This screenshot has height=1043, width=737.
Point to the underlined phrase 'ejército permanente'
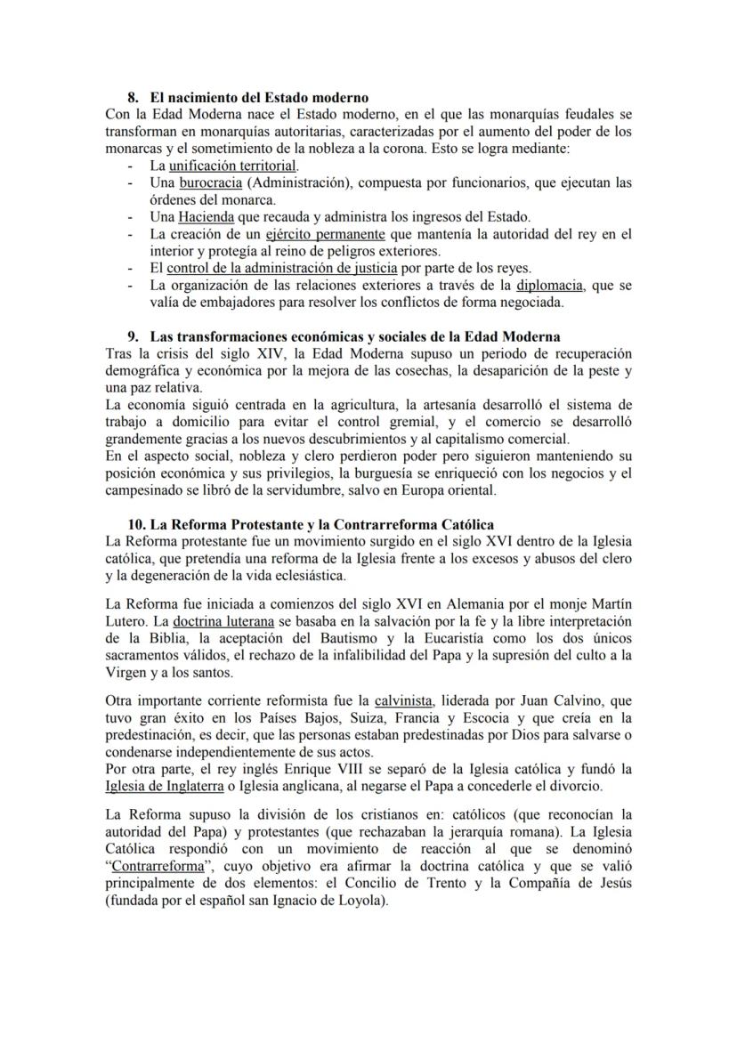coord(325,234)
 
